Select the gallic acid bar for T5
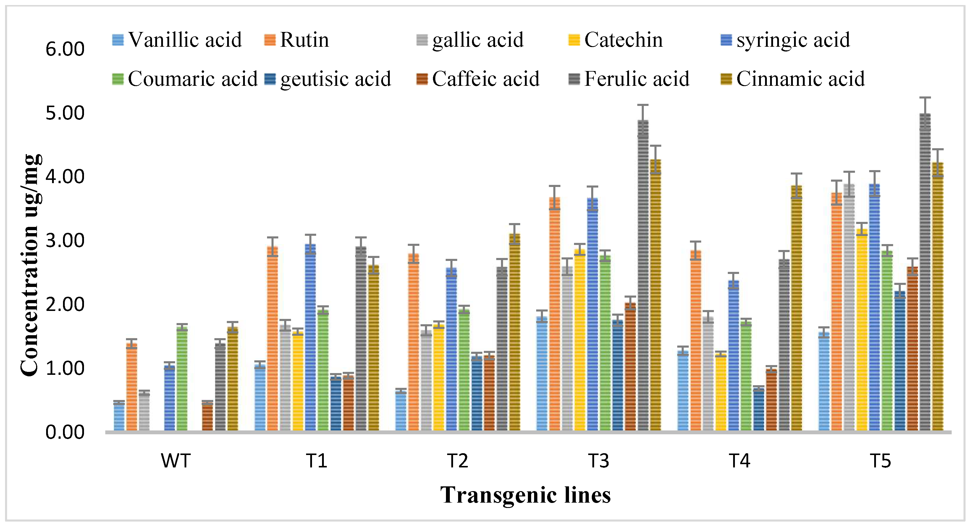click(849, 307)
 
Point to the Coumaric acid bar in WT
click(182, 379)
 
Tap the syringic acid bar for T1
click(310, 337)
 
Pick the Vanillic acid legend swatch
click(118, 40)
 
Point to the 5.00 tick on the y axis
click(65, 113)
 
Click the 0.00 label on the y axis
click(65, 432)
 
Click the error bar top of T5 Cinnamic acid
click(937, 150)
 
